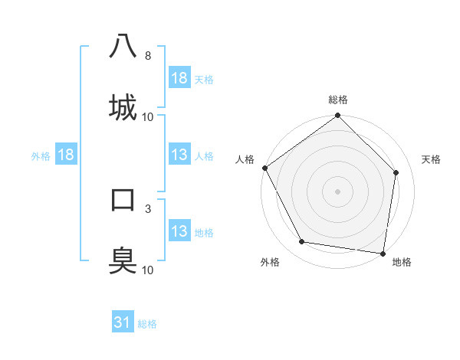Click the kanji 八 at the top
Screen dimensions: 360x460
(x=123, y=46)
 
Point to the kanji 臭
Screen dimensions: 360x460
(x=123, y=260)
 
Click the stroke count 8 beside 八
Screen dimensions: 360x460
(x=147, y=56)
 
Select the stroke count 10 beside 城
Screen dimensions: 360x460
(x=147, y=116)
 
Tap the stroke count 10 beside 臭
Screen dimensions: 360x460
(x=147, y=270)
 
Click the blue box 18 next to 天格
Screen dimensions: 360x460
(x=179, y=78)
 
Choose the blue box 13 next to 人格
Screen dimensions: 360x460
(x=179, y=155)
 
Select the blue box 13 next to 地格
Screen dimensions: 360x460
(x=179, y=231)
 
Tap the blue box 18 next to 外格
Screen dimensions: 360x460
(x=66, y=155)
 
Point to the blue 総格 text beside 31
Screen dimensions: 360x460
(x=147, y=324)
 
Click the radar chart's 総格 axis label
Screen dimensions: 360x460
(x=338, y=100)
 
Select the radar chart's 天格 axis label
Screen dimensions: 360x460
(x=432, y=159)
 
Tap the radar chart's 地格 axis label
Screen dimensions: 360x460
(x=402, y=262)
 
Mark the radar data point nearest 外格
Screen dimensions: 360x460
(x=302, y=242)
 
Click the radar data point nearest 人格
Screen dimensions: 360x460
(x=264, y=168)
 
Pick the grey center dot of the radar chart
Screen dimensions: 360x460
(x=338, y=191)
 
